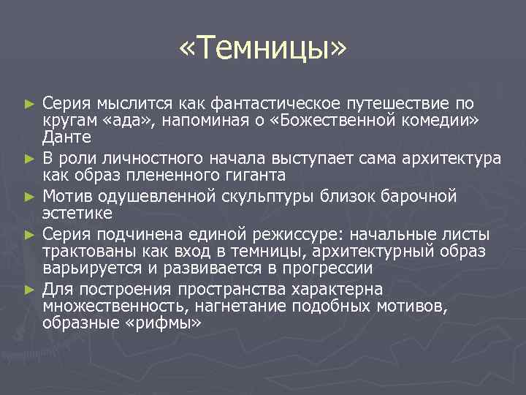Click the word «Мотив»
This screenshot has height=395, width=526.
(64, 196)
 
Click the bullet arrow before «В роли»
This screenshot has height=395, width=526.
(28, 159)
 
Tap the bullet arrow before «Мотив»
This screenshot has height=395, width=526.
(28, 197)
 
